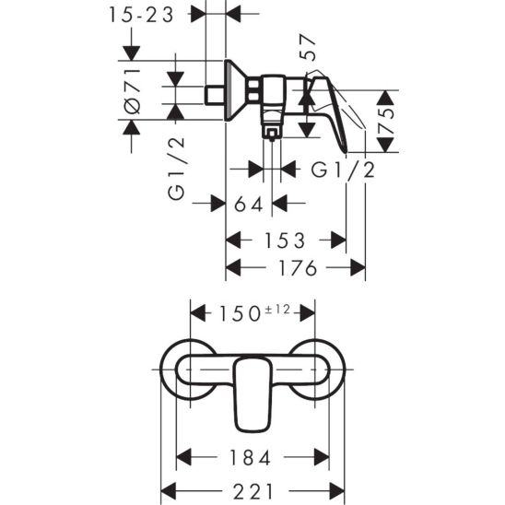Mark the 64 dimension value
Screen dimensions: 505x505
point(249,204)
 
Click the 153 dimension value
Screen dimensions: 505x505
point(278,241)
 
